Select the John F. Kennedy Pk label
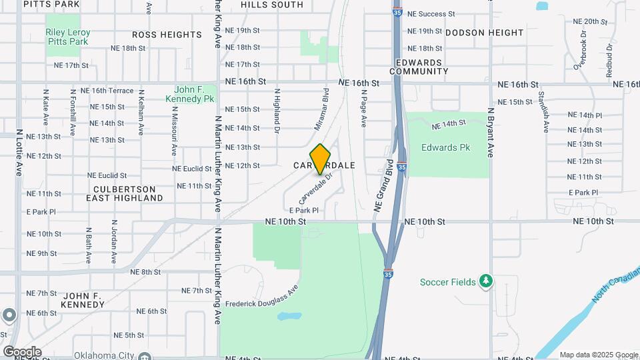[x=194, y=93]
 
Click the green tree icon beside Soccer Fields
[x=487, y=281]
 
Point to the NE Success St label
[x=431, y=13]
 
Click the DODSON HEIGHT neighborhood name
[x=485, y=32]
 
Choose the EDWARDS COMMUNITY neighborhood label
[x=419, y=67]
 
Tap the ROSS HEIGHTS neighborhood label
[x=167, y=34]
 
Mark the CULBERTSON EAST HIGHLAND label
[x=124, y=193]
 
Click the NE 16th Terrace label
[x=107, y=91]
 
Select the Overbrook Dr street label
[x=580, y=50]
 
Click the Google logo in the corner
[x=22, y=351]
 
